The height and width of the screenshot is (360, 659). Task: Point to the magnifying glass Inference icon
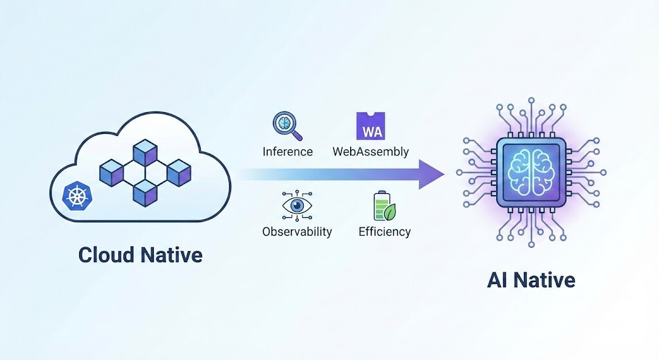287,126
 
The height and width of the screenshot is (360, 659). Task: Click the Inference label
288,152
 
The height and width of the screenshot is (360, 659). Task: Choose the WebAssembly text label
371,152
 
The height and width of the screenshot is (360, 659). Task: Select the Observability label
297,232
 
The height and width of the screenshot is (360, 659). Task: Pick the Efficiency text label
384,232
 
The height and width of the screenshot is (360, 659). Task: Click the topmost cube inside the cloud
145,152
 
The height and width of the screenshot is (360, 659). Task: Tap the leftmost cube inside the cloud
112,172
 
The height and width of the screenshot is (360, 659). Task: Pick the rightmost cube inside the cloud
179,172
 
